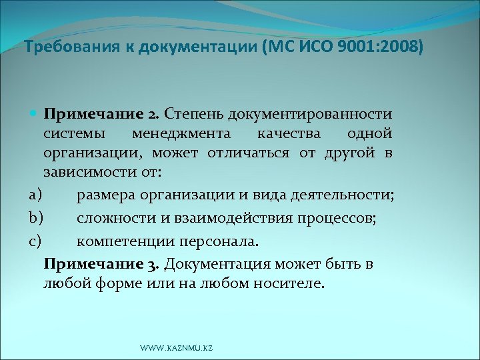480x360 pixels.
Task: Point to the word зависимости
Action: click(x=88, y=173)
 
